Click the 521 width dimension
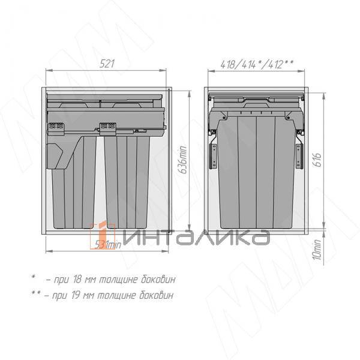tap(106, 63)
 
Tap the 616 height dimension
tap(318, 159)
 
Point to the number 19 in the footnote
tap(79, 295)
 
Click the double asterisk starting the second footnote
tap(35, 293)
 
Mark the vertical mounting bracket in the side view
tap(212, 154)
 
